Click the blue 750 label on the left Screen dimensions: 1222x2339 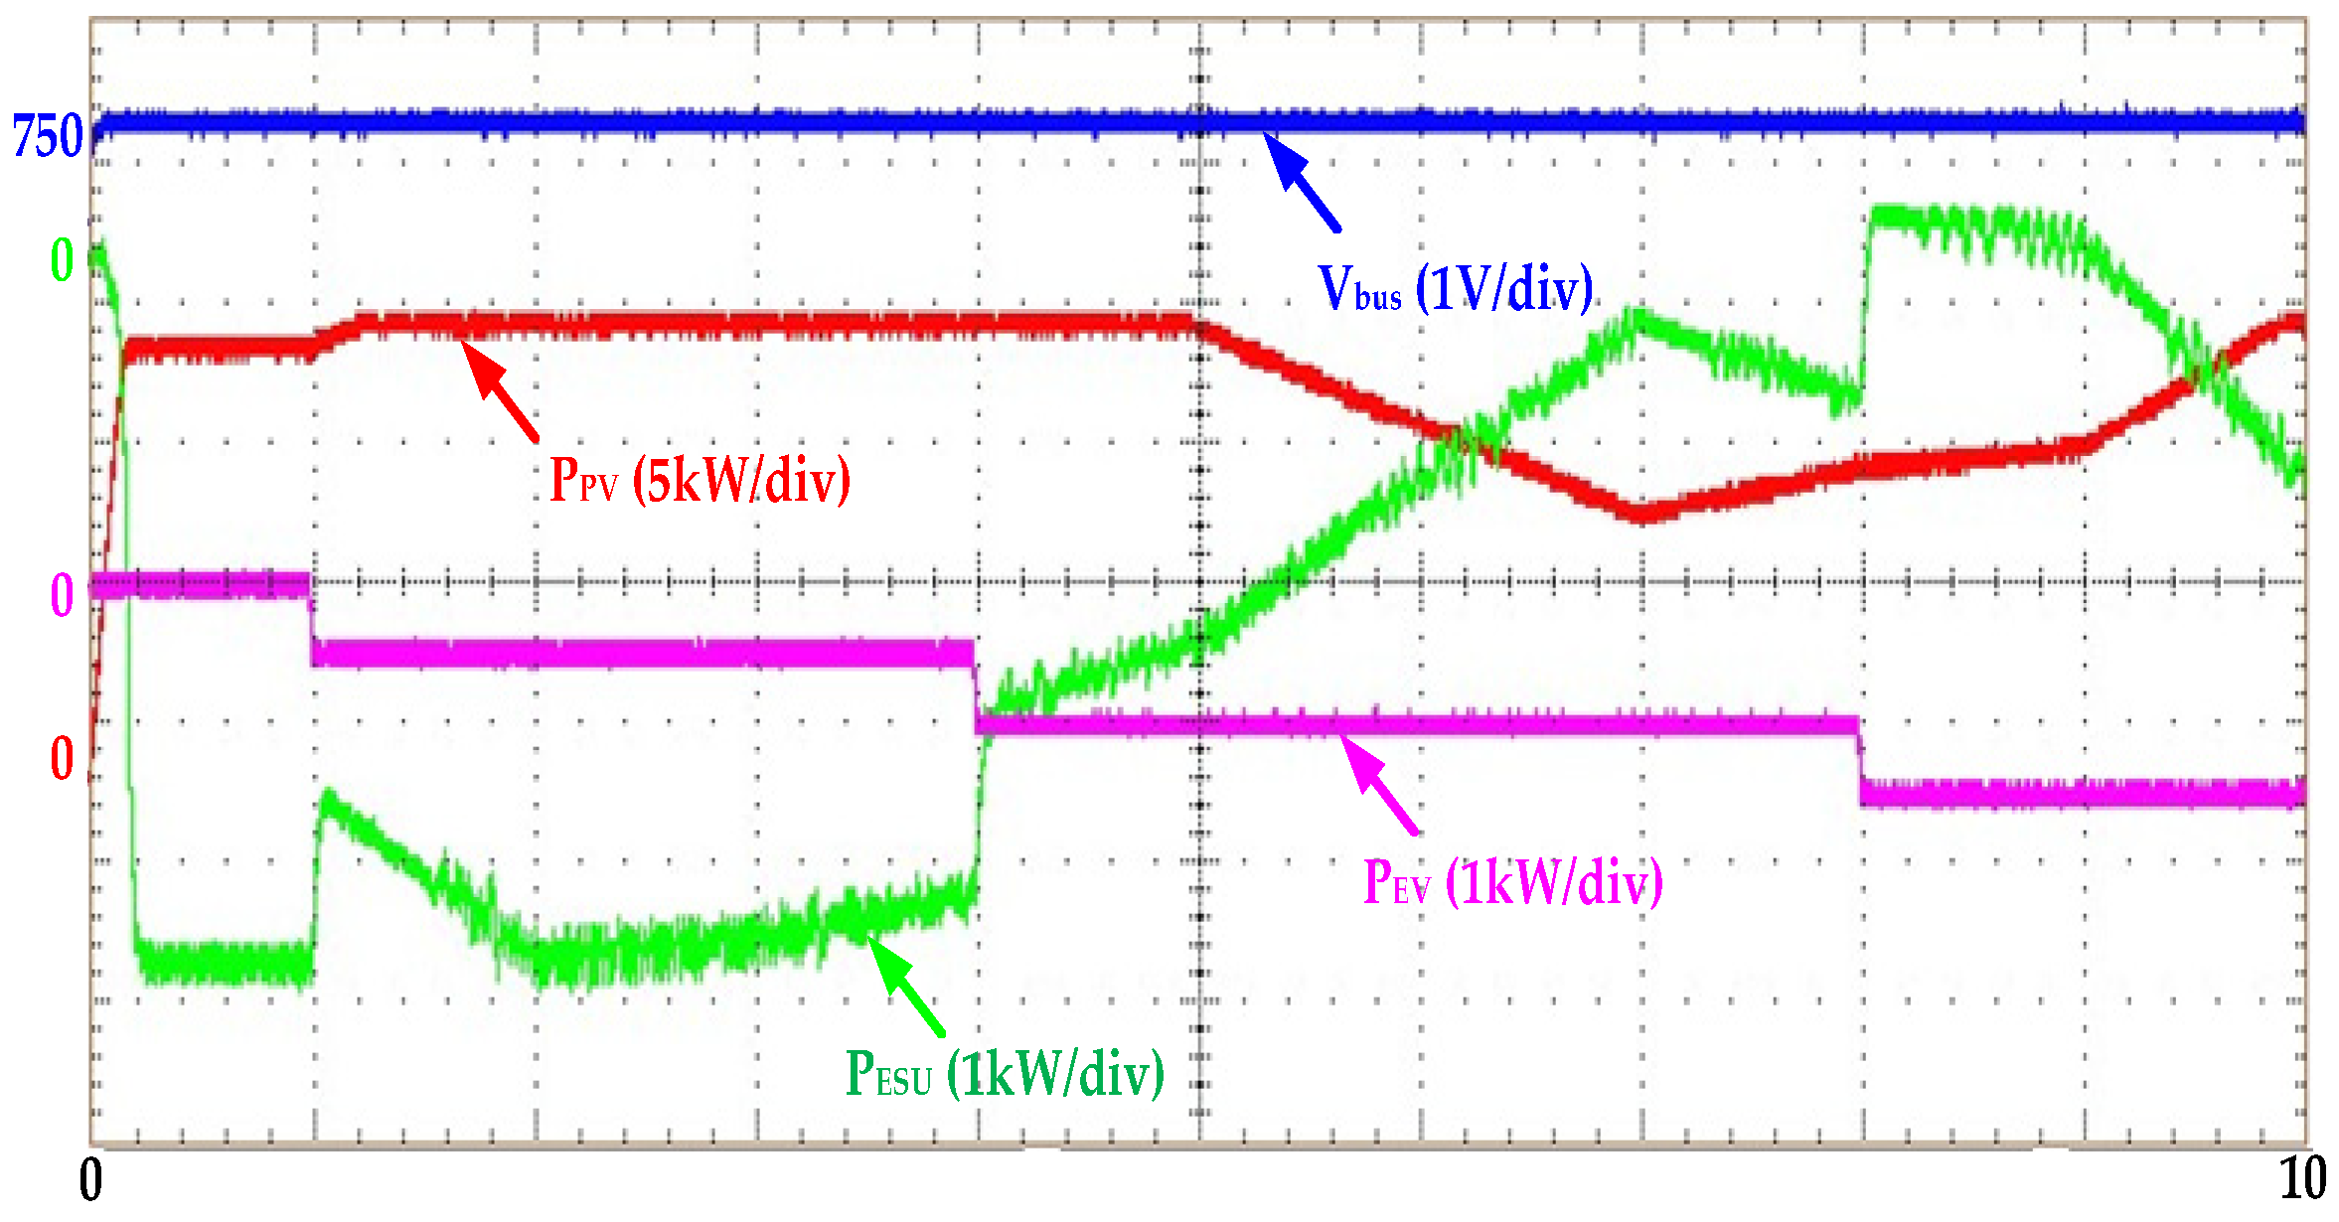47,136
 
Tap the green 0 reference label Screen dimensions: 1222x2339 62,261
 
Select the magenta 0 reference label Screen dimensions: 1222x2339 62,596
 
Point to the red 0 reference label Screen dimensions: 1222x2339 62,760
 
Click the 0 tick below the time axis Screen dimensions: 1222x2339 90,1180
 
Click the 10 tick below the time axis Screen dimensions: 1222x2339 2301,1180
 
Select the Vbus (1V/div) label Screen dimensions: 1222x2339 1455,289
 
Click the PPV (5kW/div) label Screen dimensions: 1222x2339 700,480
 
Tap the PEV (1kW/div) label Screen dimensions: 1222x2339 1512,881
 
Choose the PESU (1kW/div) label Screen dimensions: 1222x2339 1004,1074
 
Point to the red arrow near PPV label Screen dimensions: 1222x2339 502,391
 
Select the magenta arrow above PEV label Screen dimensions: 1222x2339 1381,785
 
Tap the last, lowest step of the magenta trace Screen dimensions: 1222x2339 2082,793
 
